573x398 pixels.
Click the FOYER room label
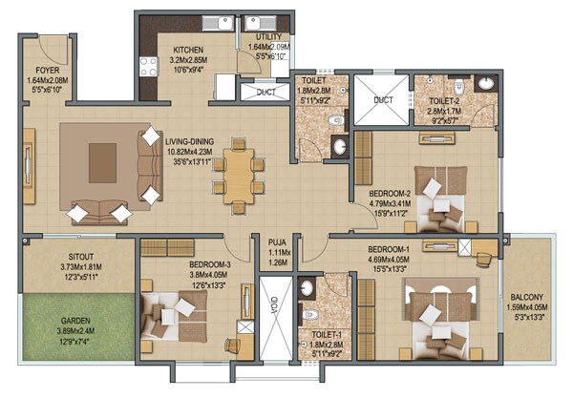[x=49, y=70]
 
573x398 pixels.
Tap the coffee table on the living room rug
[x=102, y=163]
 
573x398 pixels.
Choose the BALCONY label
[x=528, y=296]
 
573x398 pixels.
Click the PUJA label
[x=278, y=242]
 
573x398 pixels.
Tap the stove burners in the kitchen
[x=149, y=66]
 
